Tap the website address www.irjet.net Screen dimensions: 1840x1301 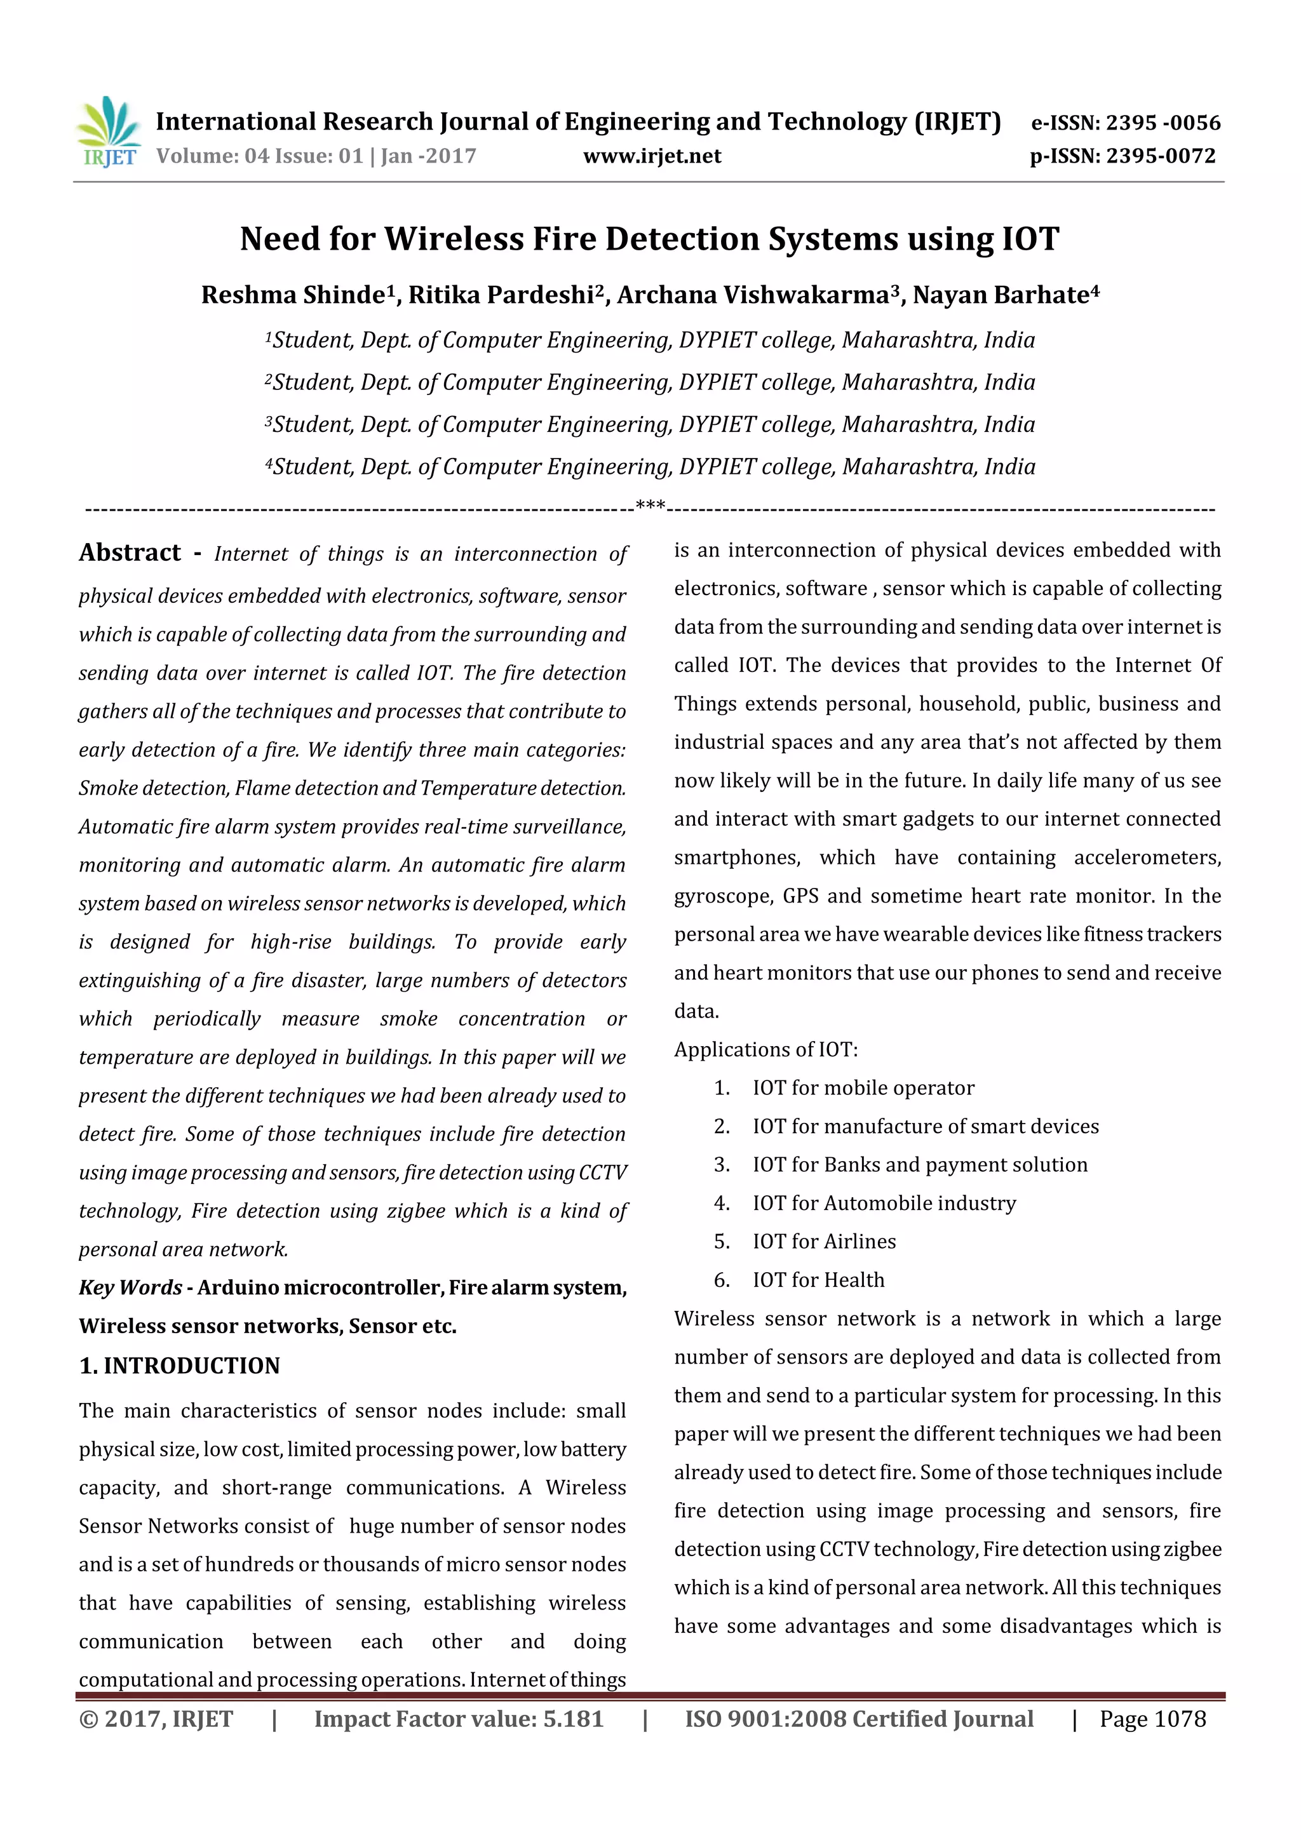pos(652,156)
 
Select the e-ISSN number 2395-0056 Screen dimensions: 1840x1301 pos(1163,123)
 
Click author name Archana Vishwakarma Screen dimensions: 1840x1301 pos(753,295)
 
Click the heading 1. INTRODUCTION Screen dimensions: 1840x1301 pos(180,1366)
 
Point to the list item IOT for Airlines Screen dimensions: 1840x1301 pos(823,1241)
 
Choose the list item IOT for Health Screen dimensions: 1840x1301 pos(818,1280)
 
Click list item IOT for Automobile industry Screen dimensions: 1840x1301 pos(884,1203)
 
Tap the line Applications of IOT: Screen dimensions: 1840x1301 pos(765,1049)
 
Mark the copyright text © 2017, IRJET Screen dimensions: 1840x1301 pos(156,1719)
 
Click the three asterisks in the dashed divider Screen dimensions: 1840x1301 pos(649,506)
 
